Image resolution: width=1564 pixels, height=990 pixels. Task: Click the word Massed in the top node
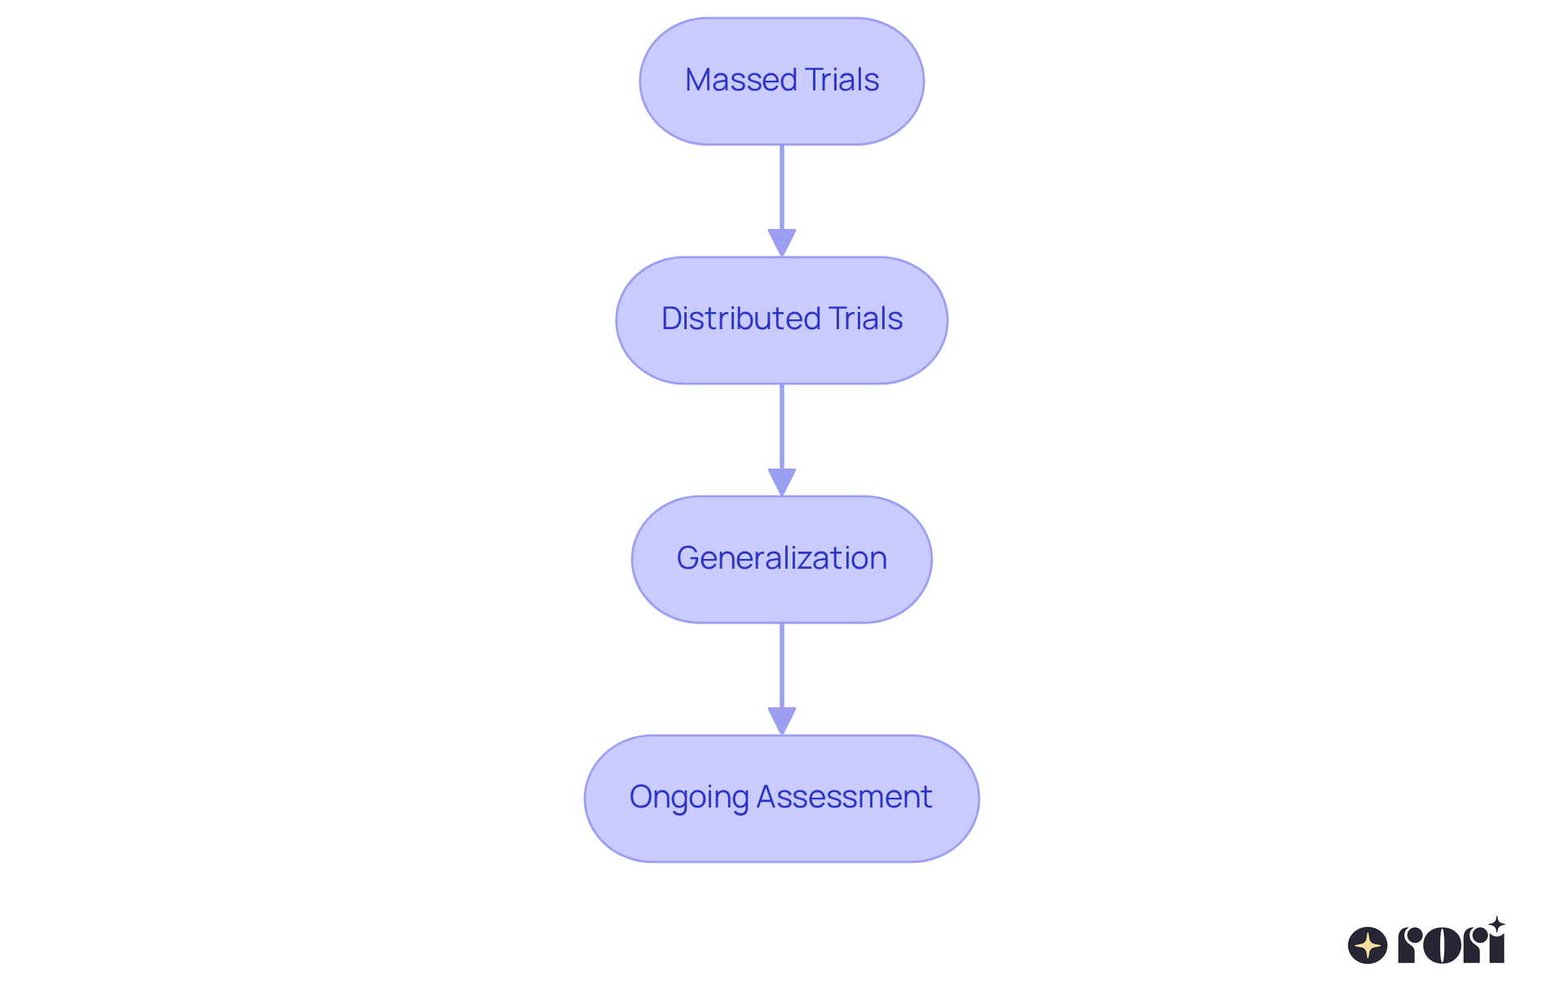740,80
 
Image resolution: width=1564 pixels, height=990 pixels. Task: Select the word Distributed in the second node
740,319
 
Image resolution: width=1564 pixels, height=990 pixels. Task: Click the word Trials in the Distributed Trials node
865,319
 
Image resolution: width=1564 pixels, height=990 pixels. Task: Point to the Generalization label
781,558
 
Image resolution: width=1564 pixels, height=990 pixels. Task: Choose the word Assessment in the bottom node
844,797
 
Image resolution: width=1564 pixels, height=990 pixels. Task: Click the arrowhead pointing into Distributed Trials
782,242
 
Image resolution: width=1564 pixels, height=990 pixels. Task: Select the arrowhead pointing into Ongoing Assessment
782,720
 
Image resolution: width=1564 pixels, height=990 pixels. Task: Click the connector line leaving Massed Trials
782,187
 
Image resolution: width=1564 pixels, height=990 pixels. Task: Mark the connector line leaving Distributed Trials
782,426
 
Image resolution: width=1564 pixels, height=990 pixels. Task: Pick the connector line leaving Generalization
782,665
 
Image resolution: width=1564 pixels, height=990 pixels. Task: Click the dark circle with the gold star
1368,945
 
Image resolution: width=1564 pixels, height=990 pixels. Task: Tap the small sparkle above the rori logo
1496,924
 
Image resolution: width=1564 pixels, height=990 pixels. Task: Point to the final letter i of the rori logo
1496,947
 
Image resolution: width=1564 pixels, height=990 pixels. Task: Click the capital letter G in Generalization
688,558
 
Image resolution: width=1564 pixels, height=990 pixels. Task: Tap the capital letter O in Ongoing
641,797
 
